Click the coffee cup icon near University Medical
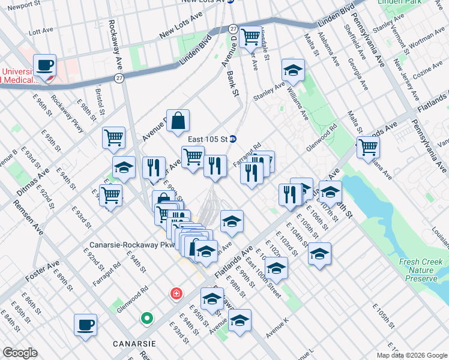tap(44, 65)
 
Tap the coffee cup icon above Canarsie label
tap(85, 325)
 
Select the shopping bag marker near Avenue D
tap(178, 121)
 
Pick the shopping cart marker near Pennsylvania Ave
tap(368, 147)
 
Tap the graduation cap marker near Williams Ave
tap(293, 71)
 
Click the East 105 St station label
tap(207, 139)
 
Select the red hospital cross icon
tap(175, 294)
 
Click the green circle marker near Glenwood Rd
tap(146, 318)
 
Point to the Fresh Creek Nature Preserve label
tap(422, 271)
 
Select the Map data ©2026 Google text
tap(411, 355)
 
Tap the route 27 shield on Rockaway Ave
tap(120, 78)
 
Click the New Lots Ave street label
tap(183, 28)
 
